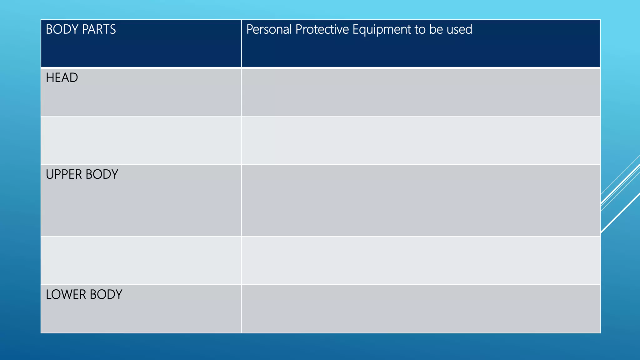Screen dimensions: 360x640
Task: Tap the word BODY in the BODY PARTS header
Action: click(62, 29)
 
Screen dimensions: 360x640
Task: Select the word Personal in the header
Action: click(269, 29)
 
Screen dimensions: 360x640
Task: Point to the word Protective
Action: click(322, 29)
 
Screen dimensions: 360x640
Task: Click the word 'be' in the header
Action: click(436, 29)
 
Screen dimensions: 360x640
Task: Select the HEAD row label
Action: click(62, 78)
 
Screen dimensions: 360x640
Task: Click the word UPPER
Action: click(64, 174)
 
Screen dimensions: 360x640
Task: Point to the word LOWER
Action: click(66, 294)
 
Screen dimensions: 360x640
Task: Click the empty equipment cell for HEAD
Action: click(421, 92)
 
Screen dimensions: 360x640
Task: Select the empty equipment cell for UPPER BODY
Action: click(421, 200)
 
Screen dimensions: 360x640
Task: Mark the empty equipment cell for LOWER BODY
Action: click(421, 309)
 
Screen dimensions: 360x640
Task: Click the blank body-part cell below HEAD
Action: click(141, 140)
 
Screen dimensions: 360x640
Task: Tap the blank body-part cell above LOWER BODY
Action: click(141, 260)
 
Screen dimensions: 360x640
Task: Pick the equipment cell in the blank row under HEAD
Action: click(421, 140)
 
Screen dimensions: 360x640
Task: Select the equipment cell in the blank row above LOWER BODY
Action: click(421, 260)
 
